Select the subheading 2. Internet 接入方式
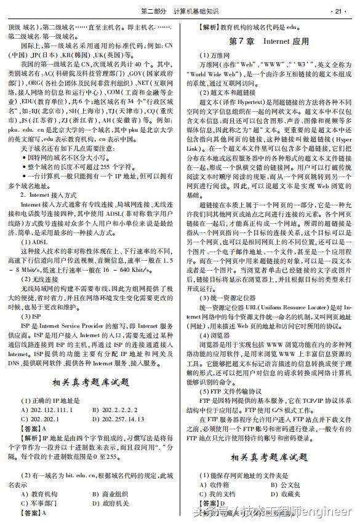[x=46, y=194]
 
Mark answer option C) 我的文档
[x=218, y=494]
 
